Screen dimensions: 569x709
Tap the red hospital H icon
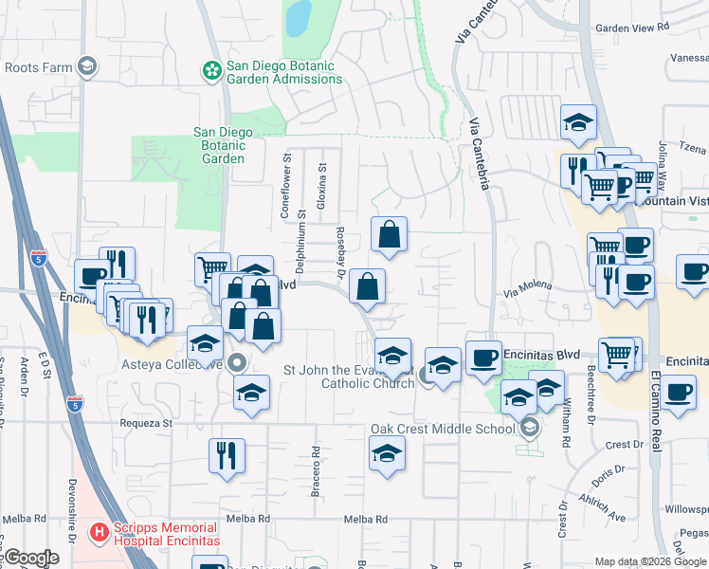[97, 533]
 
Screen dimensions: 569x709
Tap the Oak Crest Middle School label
[442, 429]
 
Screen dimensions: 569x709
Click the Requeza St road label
[145, 423]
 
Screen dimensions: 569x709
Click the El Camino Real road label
[655, 417]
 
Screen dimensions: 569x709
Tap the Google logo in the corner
[30, 558]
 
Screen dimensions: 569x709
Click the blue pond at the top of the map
[300, 15]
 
